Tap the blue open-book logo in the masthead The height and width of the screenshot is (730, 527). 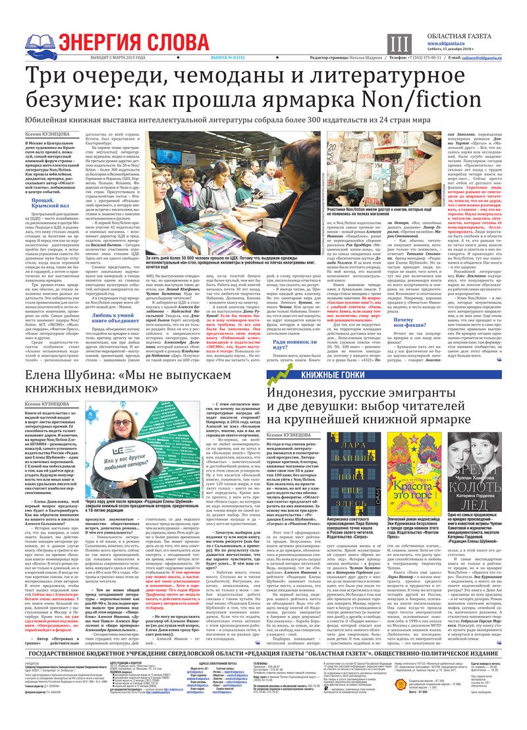click(x=40, y=44)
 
